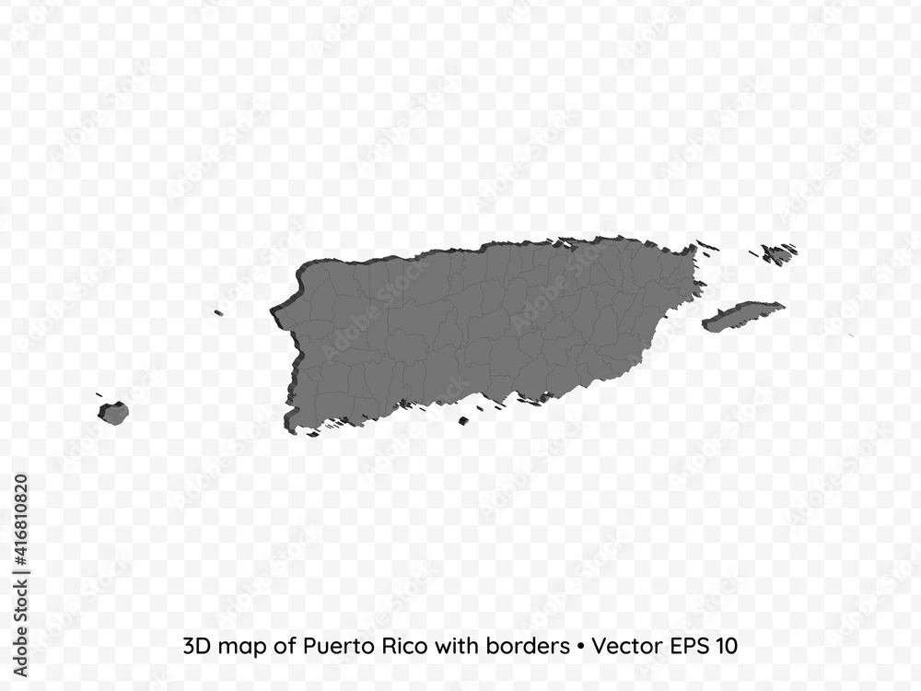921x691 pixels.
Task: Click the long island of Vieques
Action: click(742, 316)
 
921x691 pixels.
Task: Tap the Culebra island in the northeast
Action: click(779, 253)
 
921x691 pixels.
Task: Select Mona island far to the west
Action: click(114, 413)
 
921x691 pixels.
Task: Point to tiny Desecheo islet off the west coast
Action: click(218, 313)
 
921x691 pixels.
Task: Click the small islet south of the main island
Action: click(463, 421)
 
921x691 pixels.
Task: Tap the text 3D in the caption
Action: click(196, 647)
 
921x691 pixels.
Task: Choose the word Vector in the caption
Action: click(624, 647)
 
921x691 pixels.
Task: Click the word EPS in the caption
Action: click(686, 647)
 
